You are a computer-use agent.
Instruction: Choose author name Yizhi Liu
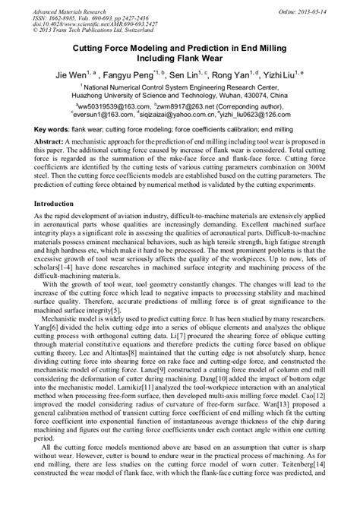(x=286, y=76)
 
